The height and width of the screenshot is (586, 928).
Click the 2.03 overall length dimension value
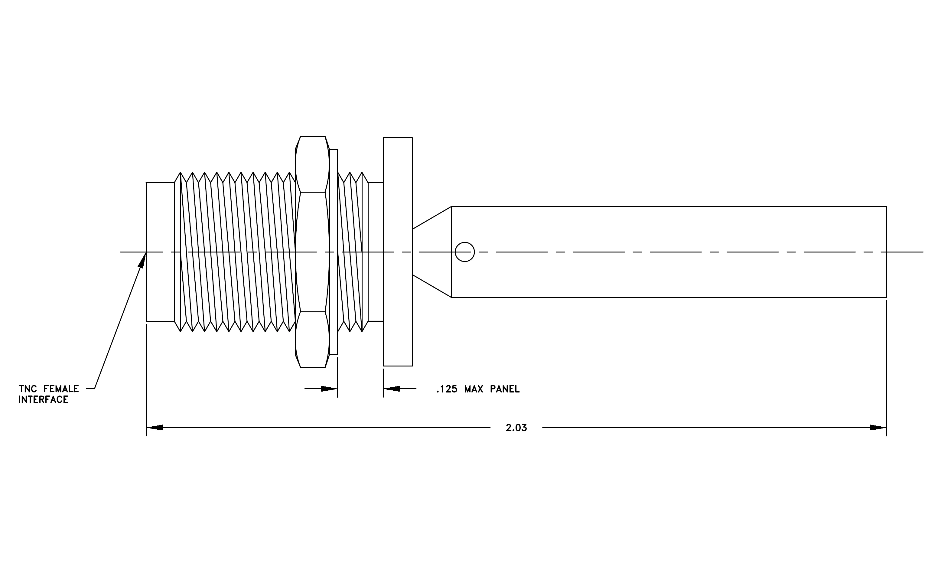pyautogui.click(x=516, y=428)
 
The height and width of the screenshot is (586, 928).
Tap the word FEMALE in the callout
pyautogui.click(x=61, y=389)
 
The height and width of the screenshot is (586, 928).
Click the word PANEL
pyautogui.click(x=505, y=389)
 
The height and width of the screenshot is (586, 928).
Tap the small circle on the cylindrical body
pyautogui.click(x=465, y=252)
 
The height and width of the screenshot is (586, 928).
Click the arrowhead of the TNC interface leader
pyautogui.click(x=142, y=260)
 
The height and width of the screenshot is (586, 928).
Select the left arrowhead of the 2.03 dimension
pyautogui.click(x=154, y=427)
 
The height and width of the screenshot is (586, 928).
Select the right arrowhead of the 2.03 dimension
pyautogui.click(x=878, y=427)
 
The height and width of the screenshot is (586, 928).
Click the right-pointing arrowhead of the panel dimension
pyautogui.click(x=330, y=389)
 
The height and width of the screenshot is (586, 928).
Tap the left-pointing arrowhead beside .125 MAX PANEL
pyautogui.click(x=392, y=389)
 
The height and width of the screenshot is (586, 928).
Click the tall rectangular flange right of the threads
pyautogui.click(x=398, y=252)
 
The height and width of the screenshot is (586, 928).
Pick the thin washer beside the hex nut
pyautogui.click(x=333, y=252)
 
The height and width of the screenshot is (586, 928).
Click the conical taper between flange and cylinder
pyautogui.click(x=432, y=252)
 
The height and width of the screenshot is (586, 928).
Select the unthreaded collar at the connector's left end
pyautogui.click(x=160, y=252)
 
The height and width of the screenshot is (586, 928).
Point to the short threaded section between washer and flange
pyautogui.click(x=353, y=252)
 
